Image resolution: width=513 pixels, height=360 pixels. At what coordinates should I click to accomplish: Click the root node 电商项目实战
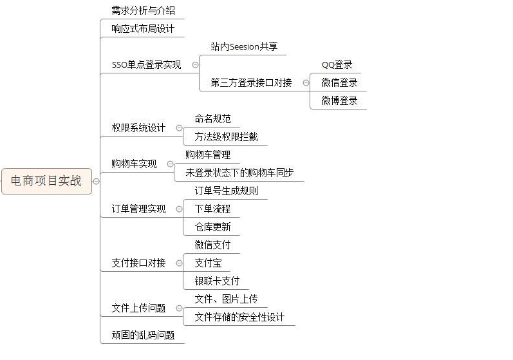pyautogui.click(x=46, y=181)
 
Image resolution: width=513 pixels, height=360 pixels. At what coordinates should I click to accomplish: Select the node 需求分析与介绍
pyautogui.click(x=143, y=11)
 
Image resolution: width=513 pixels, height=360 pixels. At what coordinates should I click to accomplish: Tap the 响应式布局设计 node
pyautogui.click(x=143, y=29)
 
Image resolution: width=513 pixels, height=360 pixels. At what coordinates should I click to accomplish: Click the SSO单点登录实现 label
pyautogui.click(x=146, y=65)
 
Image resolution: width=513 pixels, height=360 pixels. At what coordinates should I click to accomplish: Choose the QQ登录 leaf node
pyautogui.click(x=337, y=65)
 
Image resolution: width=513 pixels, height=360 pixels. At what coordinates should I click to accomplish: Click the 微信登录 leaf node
pyautogui.click(x=339, y=83)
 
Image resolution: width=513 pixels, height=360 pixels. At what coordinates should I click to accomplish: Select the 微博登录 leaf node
pyautogui.click(x=339, y=101)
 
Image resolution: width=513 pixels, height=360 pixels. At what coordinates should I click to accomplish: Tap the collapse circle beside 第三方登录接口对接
pyautogui.click(x=305, y=83)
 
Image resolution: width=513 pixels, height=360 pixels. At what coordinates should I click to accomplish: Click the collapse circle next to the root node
pyautogui.click(x=97, y=182)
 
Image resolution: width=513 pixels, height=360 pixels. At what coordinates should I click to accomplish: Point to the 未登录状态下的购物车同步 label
pyautogui.click(x=239, y=173)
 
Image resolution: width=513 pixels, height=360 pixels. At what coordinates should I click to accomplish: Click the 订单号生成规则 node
pyautogui.click(x=227, y=191)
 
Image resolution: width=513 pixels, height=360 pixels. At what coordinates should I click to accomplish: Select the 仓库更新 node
pyautogui.click(x=212, y=227)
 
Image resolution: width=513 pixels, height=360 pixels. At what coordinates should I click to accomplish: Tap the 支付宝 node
pyautogui.click(x=208, y=263)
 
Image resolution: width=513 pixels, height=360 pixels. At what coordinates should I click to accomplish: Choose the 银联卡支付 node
pyautogui.click(x=217, y=281)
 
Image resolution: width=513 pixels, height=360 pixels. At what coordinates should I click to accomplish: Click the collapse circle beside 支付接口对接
pyautogui.click(x=179, y=263)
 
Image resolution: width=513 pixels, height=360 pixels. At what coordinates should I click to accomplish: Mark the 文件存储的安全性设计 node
pyautogui.click(x=239, y=317)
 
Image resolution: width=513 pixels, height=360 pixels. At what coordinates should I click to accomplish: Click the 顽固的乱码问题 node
pyautogui.click(x=143, y=336)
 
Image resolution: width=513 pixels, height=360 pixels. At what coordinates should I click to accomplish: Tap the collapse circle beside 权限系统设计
pyautogui.click(x=179, y=128)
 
